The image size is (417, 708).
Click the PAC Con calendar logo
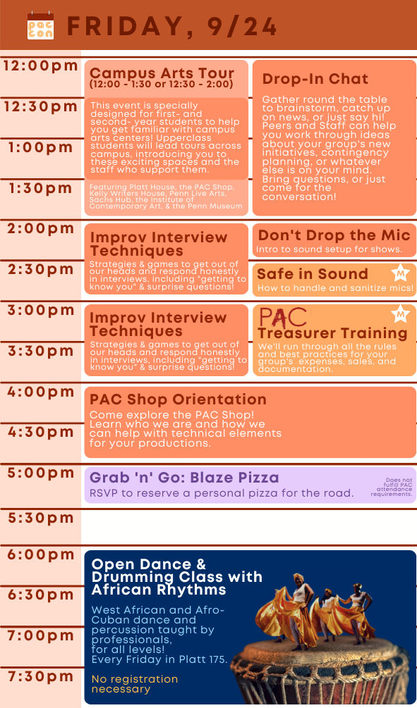click(40, 26)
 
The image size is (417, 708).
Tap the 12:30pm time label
click(41, 106)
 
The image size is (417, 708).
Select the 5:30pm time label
click(41, 518)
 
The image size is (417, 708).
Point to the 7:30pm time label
click(41, 676)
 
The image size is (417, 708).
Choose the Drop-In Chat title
click(315, 79)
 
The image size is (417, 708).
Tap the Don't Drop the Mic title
click(334, 235)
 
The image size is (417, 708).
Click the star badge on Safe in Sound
click(400, 273)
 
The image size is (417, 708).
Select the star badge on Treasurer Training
click(400, 313)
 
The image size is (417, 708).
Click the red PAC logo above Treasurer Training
click(283, 317)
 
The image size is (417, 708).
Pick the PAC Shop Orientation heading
click(179, 399)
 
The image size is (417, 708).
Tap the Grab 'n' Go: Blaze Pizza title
click(184, 477)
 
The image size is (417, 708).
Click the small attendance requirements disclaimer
click(392, 487)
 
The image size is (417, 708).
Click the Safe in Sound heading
click(313, 273)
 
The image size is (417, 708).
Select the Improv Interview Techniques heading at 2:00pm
click(158, 244)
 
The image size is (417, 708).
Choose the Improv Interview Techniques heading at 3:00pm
click(158, 324)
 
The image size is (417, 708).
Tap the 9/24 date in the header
click(242, 27)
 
